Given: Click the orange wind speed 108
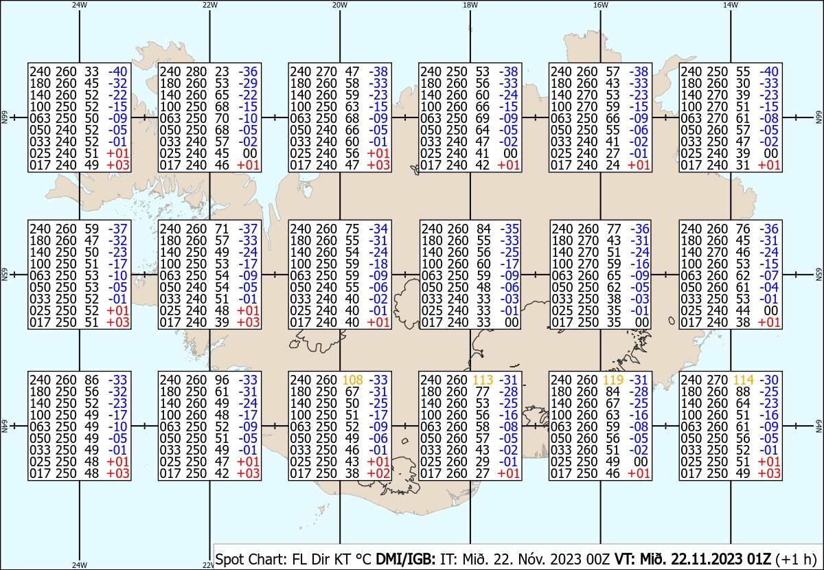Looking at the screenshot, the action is click(352, 380).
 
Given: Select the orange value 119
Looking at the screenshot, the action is click(613, 380).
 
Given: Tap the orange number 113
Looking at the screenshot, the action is click(483, 380).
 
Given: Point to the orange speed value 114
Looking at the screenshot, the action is click(744, 380).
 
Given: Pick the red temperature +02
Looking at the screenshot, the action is click(378, 473).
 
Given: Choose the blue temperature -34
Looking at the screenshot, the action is click(378, 229).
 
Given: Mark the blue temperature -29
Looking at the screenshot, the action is click(249, 83).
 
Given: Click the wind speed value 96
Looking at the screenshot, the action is click(222, 380).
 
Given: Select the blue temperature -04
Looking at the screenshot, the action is click(770, 287).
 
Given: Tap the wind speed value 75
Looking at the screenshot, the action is click(352, 229).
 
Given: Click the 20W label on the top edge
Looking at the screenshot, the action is click(340, 5).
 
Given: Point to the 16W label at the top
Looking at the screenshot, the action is click(601, 5).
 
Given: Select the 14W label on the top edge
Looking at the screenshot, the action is click(731, 5).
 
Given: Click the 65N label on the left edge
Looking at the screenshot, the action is click(5, 275).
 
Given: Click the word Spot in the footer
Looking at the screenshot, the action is click(229, 559).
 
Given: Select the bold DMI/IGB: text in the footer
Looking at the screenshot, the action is click(405, 559).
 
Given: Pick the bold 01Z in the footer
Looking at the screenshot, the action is click(759, 559).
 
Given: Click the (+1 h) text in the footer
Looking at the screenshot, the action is click(796, 559).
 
